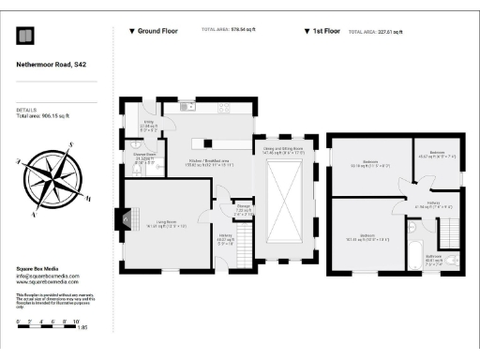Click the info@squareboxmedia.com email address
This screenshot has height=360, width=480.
pos(48,276)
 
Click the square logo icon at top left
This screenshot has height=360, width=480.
pos(25,36)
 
